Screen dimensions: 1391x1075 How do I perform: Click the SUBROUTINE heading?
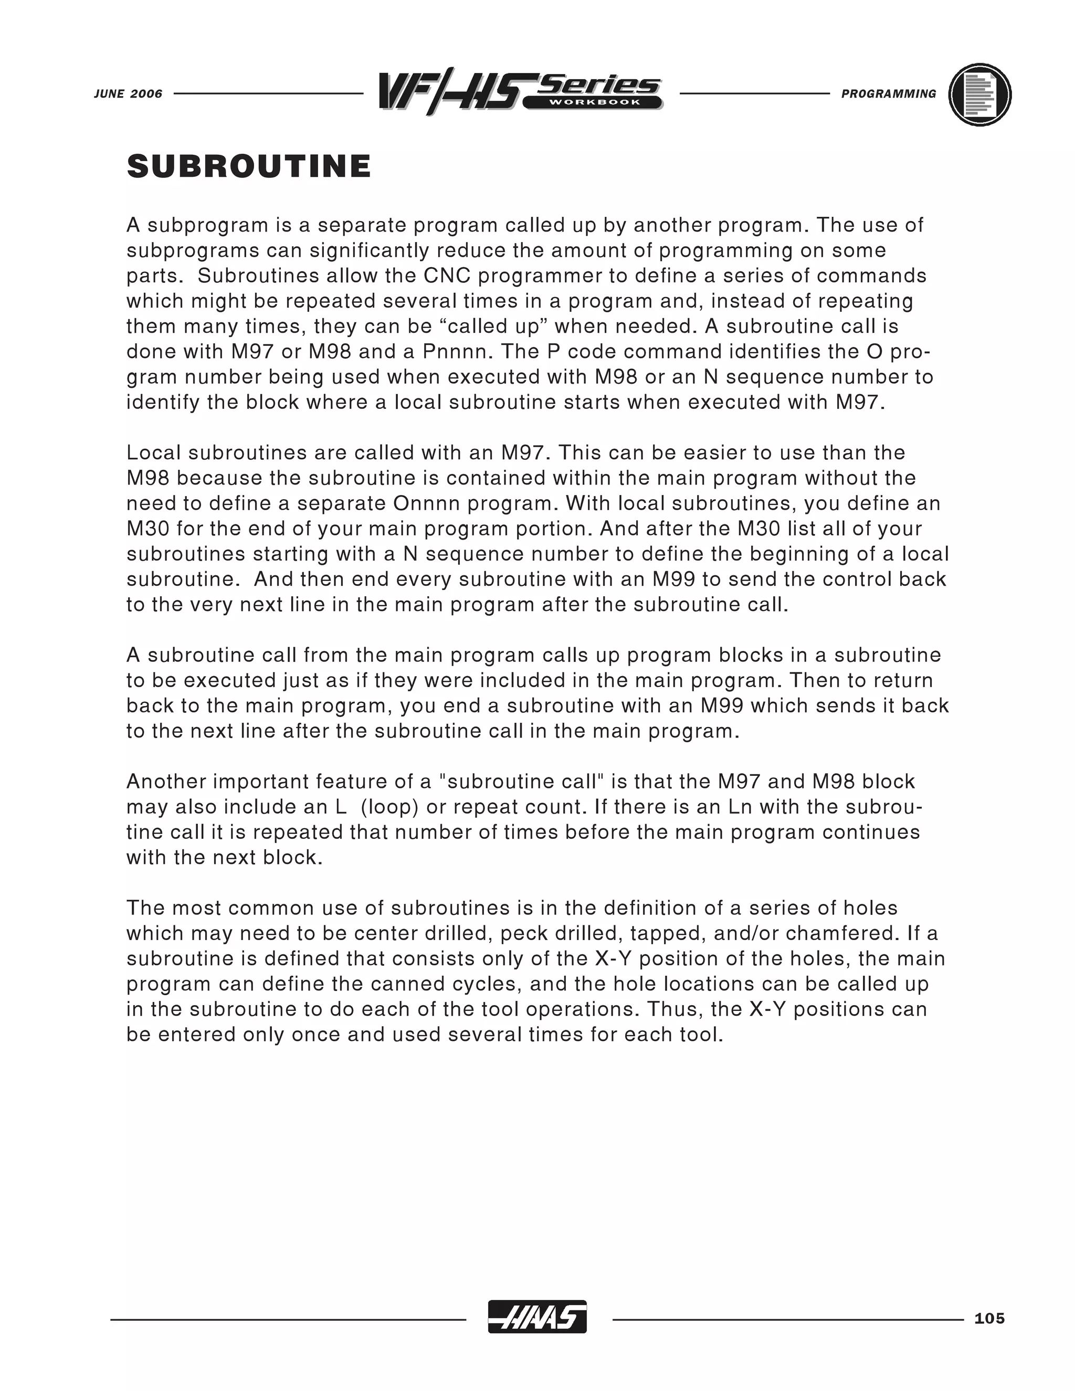click(x=248, y=167)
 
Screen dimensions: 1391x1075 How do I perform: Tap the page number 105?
click(x=989, y=1319)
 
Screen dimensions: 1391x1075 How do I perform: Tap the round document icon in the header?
click(x=979, y=94)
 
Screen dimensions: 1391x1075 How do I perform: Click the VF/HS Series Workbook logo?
click(x=519, y=92)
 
